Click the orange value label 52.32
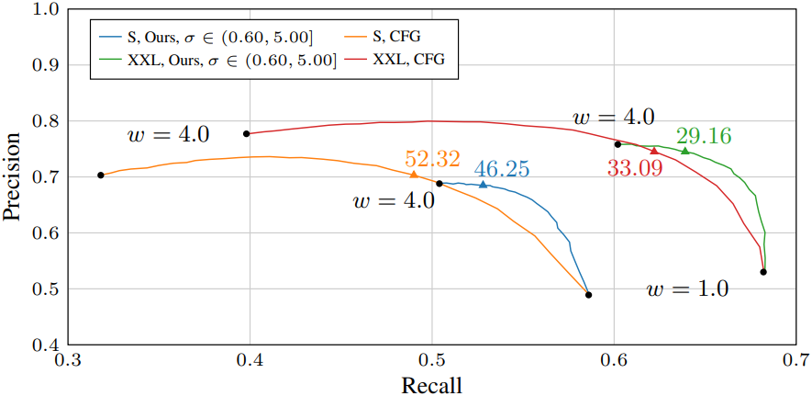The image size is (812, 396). pos(432,159)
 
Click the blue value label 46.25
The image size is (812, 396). pos(502,168)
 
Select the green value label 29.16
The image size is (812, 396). pos(704,136)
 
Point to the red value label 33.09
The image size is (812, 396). pos(636,168)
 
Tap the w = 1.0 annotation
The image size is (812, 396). pos(687,289)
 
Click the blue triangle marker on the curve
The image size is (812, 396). pos(484,185)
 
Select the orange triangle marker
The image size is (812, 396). pos(414,175)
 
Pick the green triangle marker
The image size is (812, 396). pos(684,151)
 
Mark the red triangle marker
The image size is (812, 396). pos(654,151)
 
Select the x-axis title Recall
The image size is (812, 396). pos(431,384)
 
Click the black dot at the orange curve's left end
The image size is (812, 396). pos(100,175)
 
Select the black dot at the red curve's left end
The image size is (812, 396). pos(247,134)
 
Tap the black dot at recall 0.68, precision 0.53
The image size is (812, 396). pos(763,272)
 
